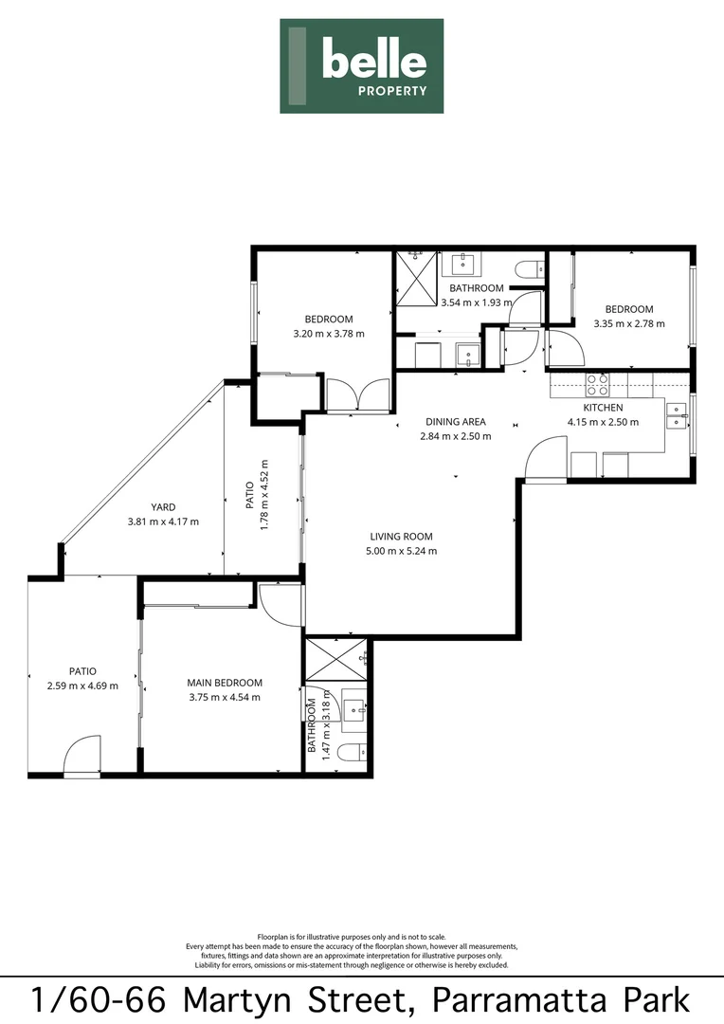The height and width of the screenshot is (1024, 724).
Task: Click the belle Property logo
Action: (x=361, y=65)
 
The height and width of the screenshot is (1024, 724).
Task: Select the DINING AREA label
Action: (x=455, y=422)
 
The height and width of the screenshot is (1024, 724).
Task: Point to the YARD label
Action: (x=164, y=507)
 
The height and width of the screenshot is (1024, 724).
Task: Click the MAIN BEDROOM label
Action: (x=224, y=683)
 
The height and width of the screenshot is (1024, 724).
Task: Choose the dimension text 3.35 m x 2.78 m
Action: (x=629, y=323)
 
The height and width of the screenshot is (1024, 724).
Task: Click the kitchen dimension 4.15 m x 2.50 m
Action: (x=603, y=422)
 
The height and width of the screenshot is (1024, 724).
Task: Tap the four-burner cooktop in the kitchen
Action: (x=598, y=384)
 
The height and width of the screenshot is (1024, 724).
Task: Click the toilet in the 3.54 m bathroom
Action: (x=527, y=270)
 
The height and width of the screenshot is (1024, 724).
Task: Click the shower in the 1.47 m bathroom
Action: (x=337, y=657)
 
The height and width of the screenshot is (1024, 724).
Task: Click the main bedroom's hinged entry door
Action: (x=280, y=603)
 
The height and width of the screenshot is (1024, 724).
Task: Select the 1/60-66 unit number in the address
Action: (x=100, y=1001)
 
